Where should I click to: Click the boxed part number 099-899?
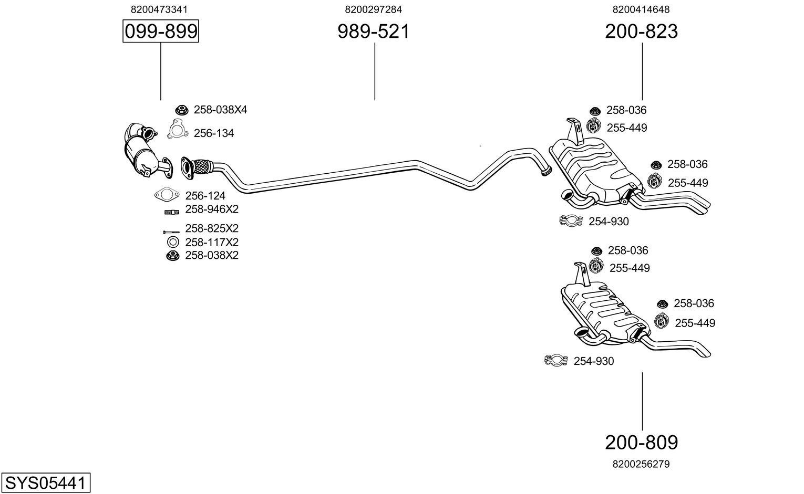click(x=161, y=31)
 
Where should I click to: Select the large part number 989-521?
click(x=374, y=31)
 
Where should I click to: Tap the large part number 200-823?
click(x=641, y=31)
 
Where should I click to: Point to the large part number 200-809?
click(x=641, y=443)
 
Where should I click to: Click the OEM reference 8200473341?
click(x=159, y=9)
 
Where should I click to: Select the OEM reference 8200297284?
click(x=374, y=9)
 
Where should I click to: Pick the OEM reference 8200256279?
click(x=641, y=464)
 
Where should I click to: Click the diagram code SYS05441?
click(x=45, y=482)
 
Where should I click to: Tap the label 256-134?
click(x=213, y=133)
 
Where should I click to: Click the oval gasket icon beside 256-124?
click(x=167, y=195)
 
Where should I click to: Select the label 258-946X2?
click(x=212, y=209)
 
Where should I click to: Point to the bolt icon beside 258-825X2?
click(x=171, y=232)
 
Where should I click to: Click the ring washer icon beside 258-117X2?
click(x=172, y=243)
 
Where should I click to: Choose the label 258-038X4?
click(x=220, y=110)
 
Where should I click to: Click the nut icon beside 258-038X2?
click(x=172, y=256)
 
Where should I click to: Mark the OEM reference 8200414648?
click(x=641, y=9)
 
